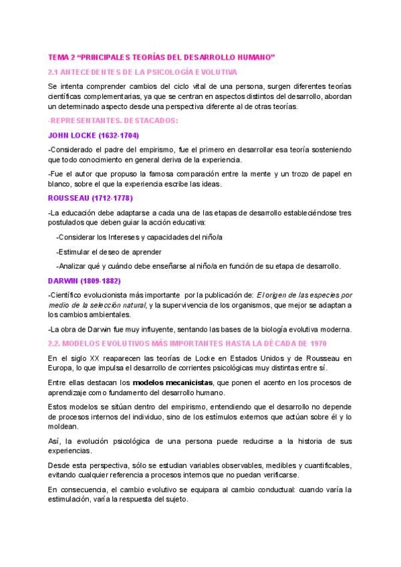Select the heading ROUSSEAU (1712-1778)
(x=90, y=198)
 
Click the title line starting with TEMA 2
(x=162, y=58)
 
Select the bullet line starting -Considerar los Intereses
(x=139, y=237)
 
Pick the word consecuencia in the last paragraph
(x=87, y=489)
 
